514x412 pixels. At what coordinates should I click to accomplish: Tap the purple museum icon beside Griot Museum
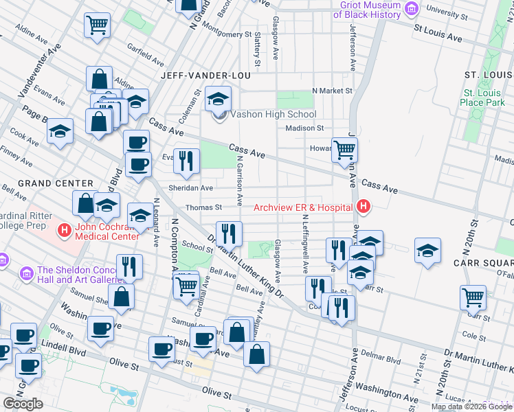point(412,9)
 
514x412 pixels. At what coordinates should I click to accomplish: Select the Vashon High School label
point(273,115)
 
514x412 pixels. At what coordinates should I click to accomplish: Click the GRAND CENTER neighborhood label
point(55,183)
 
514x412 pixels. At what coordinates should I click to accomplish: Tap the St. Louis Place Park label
point(484,98)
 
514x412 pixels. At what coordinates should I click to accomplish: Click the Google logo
point(23,404)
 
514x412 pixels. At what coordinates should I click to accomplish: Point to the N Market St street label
point(332,90)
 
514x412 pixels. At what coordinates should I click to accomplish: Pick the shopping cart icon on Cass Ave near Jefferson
point(344,149)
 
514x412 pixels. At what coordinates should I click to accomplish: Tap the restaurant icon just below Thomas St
point(229,233)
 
